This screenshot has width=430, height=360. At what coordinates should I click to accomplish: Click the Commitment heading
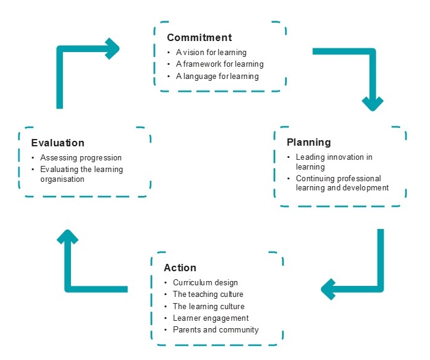click(199, 37)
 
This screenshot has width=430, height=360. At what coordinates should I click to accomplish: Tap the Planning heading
click(309, 143)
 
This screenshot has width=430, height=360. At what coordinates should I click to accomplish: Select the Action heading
click(180, 268)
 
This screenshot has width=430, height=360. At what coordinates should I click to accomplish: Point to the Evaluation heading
click(57, 143)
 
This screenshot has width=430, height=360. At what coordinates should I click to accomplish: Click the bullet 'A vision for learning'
click(211, 52)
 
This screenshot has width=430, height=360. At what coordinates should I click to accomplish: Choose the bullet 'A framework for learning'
click(220, 64)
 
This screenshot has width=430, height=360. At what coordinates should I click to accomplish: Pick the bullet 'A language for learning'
click(217, 76)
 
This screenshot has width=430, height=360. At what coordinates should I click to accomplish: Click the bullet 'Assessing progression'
click(81, 157)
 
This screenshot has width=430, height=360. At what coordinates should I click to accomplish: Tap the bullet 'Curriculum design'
click(206, 283)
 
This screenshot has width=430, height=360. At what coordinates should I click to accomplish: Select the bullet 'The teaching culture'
click(208, 294)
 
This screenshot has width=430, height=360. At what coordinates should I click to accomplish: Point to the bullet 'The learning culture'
click(209, 306)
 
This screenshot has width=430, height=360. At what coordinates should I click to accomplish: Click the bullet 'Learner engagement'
click(211, 318)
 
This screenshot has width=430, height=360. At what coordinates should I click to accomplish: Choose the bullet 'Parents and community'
click(216, 329)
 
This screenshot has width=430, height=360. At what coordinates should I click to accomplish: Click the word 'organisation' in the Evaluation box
click(62, 179)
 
